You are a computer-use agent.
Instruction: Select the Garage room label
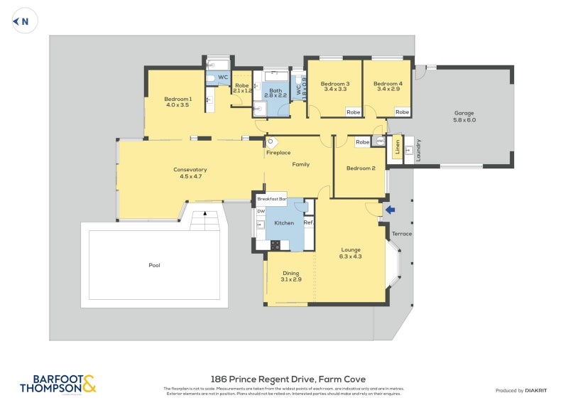464,113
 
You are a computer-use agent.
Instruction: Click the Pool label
154,265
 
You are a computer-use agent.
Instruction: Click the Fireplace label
278,153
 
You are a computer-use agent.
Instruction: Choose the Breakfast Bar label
271,199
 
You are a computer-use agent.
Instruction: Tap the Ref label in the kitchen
308,223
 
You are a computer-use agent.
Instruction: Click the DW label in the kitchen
261,211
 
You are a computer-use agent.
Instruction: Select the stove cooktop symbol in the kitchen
275,245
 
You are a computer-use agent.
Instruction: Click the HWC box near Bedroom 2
381,141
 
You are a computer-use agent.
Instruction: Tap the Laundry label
418,149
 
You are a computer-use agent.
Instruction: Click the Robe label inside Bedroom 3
353,112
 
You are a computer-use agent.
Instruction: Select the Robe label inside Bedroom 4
402,112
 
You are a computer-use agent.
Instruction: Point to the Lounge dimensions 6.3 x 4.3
351,257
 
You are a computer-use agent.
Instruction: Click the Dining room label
291,273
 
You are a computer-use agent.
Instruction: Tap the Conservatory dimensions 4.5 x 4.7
190,176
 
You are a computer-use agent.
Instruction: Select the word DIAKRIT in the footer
540,390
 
